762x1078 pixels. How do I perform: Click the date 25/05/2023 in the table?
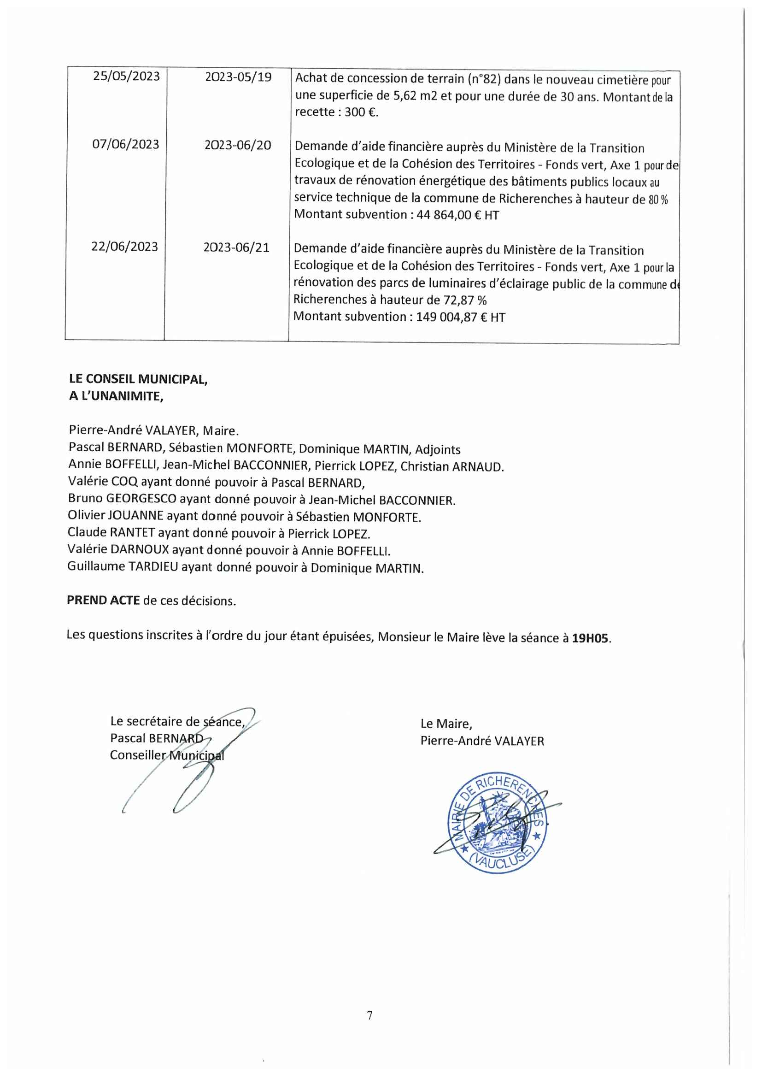[126, 76]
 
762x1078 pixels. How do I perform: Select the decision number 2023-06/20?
[237, 145]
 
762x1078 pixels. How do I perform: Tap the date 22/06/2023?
[124, 247]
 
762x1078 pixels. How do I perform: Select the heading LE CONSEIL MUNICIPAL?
[138, 379]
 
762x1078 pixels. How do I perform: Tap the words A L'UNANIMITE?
[116, 396]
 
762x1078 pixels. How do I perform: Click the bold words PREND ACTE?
[103, 601]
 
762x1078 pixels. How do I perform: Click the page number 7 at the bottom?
[370, 1015]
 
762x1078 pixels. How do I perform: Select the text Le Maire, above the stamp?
[446, 724]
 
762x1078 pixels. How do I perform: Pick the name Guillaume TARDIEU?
[123, 567]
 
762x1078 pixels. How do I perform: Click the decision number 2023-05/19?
[238, 77]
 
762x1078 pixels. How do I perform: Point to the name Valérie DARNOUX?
[118, 550]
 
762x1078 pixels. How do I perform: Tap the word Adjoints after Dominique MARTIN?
[437, 450]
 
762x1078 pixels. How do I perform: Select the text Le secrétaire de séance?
[177, 722]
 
